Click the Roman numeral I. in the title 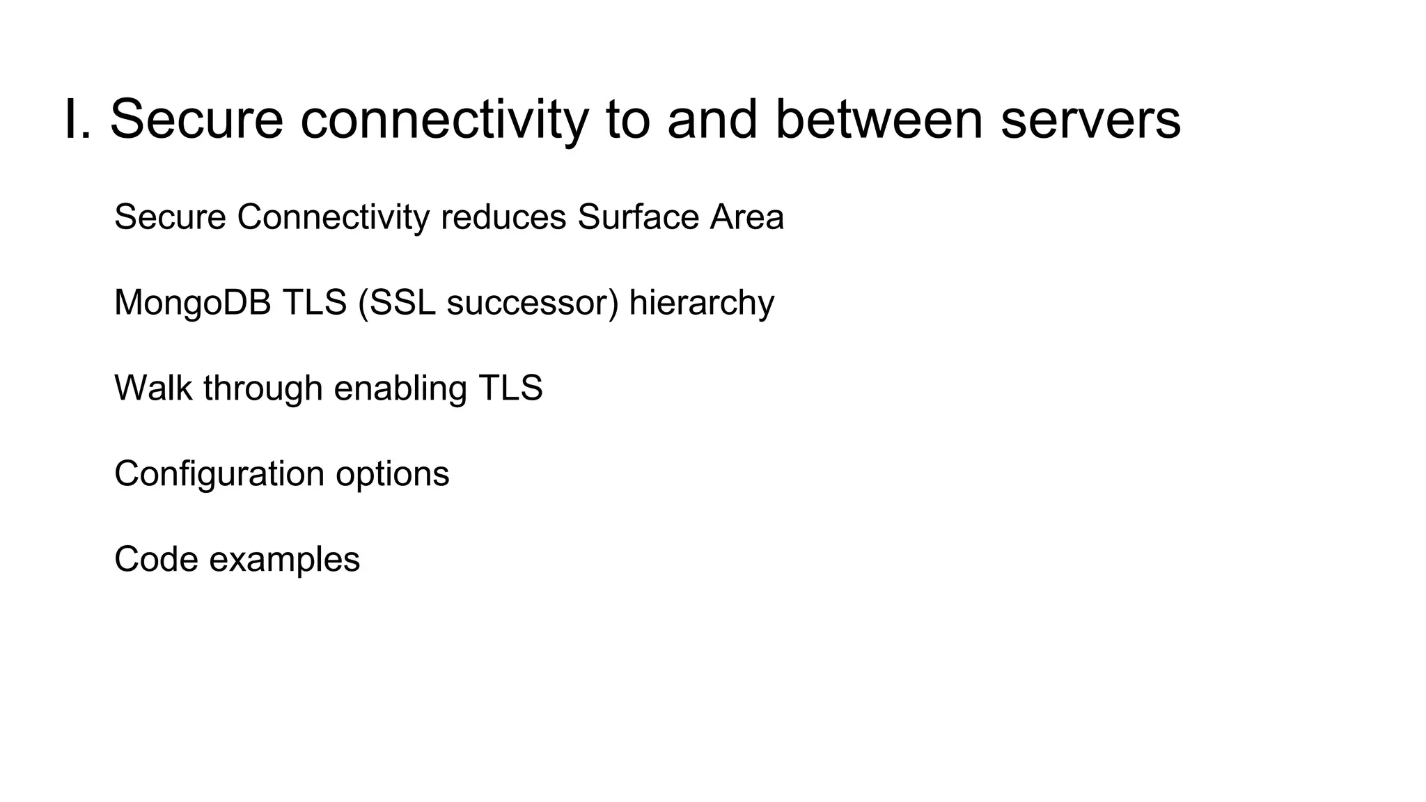click(x=77, y=120)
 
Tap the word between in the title click(x=879, y=120)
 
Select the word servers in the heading click(x=1090, y=120)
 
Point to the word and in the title click(x=712, y=120)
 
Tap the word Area click(x=746, y=217)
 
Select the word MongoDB click(x=192, y=303)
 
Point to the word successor click(x=532, y=303)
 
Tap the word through click(x=263, y=389)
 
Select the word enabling click(x=400, y=389)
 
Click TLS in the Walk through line click(x=510, y=388)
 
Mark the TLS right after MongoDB click(x=314, y=303)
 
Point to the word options click(x=392, y=475)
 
